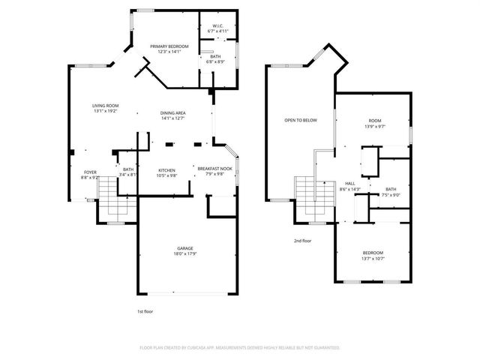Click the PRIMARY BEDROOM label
coord(169,46)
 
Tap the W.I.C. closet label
coord(218,26)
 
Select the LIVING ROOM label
coord(105,106)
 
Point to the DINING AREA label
coord(172,112)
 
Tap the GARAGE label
coord(185,248)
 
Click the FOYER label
coord(90,172)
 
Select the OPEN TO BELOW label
coord(300,120)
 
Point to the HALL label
coord(349,184)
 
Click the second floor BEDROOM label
coord(373,253)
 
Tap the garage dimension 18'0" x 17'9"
coord(185,253)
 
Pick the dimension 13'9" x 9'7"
coord(374,126)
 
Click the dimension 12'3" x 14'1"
coord(169,52)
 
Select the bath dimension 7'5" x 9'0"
coord(391,194)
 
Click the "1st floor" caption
coord(145,310)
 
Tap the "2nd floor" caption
coord(302,241)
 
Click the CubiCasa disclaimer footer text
coord(240,348)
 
